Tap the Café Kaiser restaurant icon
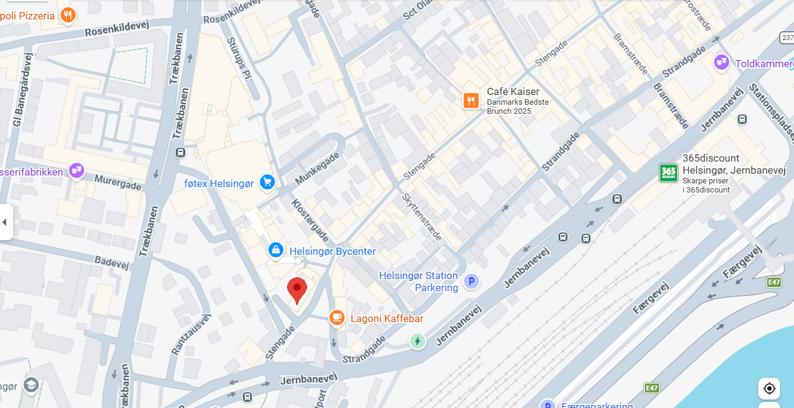pyautogui.click(x=471, y=100)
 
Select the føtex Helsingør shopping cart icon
pyautogui.click(x=267, y=182)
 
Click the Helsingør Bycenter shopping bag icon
pyautogui.click(x=276, y=250)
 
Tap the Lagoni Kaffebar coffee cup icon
pyautogui.click(x=337, y=317)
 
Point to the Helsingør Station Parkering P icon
pyautogui.click(x=471, y=281)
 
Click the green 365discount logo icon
pyautogui.click(x=668, y=173)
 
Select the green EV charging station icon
pyautogui.click(x=417, y=341)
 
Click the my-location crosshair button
pyautogui.click(x=769, y=388)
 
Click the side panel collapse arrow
pyautogui.click(x=5, y=222)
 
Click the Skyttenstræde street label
pyautogui.click(x=422, y=216)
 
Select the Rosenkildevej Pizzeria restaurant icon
pyautogui.click(x=68, y=15)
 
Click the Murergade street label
pyautogui.click(x=118, y=182)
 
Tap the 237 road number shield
pyautogui.click(x=786, y=38)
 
